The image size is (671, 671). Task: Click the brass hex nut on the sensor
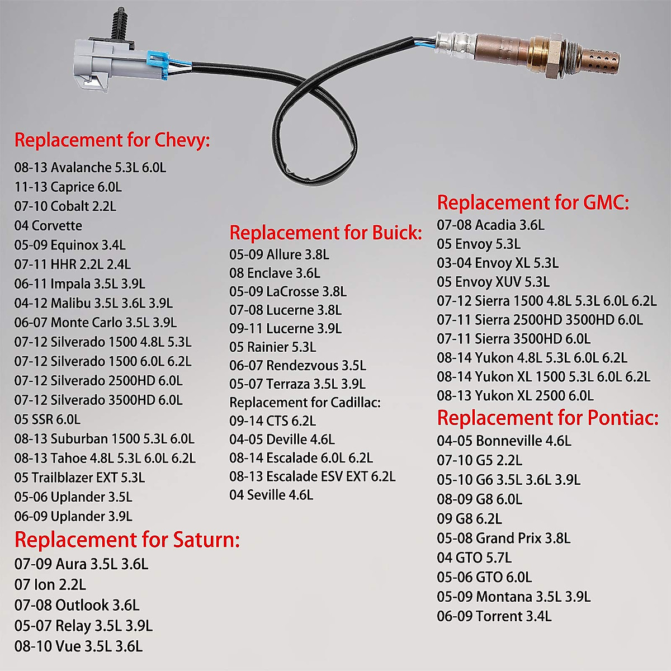(540, 53)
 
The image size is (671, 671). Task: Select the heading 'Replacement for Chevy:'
(112, 140)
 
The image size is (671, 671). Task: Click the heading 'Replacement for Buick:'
(325, 233)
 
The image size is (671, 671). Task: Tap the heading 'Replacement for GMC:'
(533, 202)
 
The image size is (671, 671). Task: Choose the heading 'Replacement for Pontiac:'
(548, 418)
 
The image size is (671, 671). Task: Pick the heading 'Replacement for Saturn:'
(127, 540)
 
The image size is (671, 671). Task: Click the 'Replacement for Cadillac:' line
(305, 403)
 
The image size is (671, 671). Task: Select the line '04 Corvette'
(48, 226)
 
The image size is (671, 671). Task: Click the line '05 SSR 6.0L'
(48, 419)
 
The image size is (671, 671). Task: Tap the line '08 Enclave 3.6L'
(275, 273)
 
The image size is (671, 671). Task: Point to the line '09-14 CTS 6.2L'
(272, 421)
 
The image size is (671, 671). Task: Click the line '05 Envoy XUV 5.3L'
(493, 282)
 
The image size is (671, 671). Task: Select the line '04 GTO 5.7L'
(474, 557)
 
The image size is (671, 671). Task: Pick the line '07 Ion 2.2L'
(50, 585)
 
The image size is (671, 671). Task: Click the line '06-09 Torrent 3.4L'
(494, 616)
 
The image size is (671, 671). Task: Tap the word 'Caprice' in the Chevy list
(72, 187)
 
